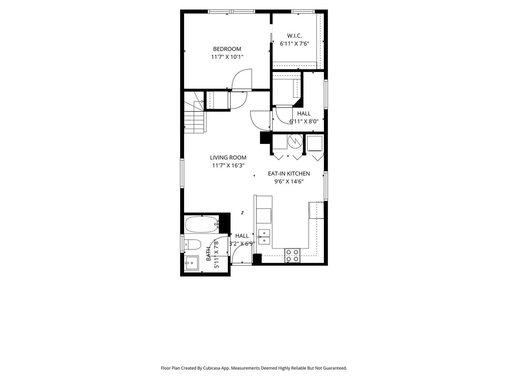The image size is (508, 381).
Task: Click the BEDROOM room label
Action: [x=227, y=49]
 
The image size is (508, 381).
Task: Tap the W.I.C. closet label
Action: [x=294, y=36]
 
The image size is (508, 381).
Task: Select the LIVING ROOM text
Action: [x=228, y=157]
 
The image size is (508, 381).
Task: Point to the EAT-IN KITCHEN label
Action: [x=289, y=174]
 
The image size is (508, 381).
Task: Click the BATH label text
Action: [x=209, y=254]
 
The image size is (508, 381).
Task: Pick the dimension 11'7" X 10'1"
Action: [x=227, y=57]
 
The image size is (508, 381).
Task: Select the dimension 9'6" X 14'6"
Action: [x=289, y=181]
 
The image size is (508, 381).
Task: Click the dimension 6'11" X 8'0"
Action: [x=304, y=121]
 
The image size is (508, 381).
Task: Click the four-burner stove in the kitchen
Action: [x=292, y=255]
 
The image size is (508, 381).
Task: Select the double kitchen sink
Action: [x=264, y=237]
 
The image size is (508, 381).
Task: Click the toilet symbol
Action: [x=193, y=244]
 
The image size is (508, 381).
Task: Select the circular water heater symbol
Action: [x=295, y=141]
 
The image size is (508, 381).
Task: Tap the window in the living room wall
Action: [x=182, y=173]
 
